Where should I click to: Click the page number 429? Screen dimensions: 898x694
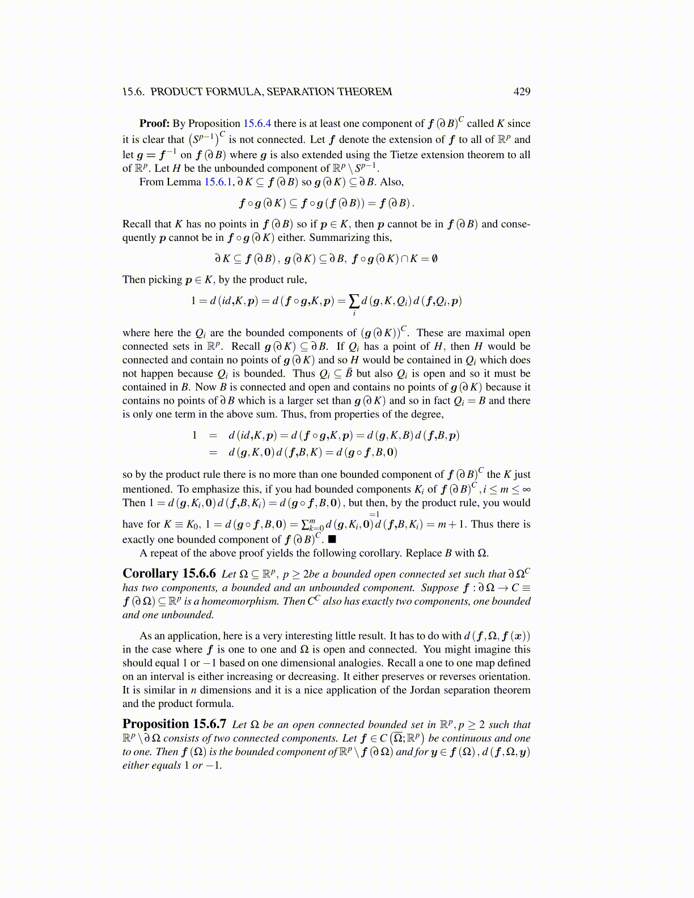[x=522, y=92]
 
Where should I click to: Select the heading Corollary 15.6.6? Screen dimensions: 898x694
[x=169, y=573]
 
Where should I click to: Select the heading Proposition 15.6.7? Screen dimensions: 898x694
[x=174, y=724]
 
